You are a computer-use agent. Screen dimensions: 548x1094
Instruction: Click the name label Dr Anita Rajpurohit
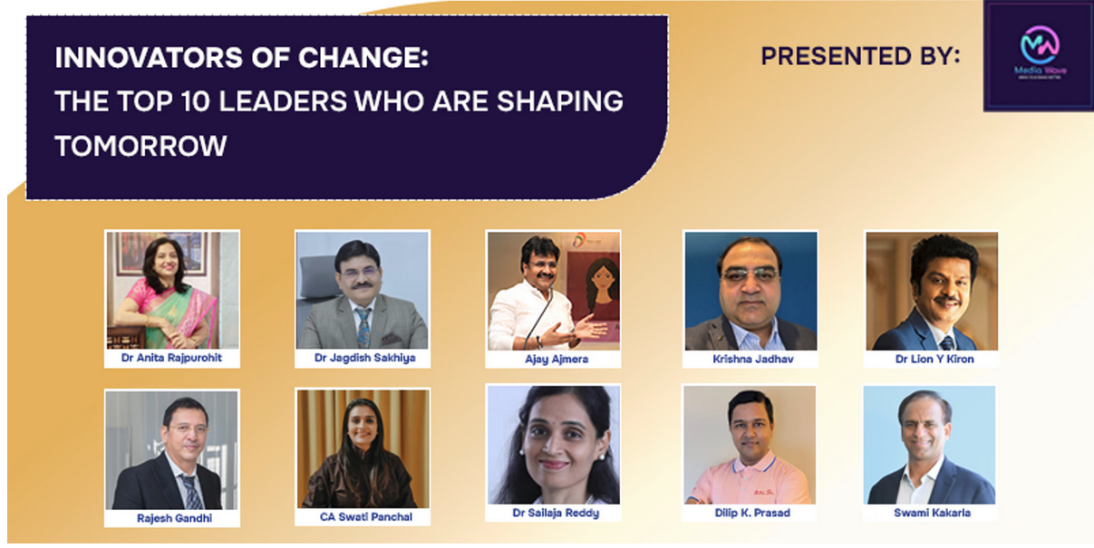(172, 358)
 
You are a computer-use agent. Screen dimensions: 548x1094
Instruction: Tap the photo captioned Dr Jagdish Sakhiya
(363, 290)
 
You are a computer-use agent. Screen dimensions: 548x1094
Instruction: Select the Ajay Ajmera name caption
(553, 359)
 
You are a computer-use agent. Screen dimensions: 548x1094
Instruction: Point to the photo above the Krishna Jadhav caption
(750, 291)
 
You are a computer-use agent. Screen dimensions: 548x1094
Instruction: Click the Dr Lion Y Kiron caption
(932, 359)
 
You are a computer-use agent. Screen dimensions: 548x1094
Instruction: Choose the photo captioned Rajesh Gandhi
(172, 450)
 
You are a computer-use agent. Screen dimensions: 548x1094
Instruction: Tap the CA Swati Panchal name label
(362, 517)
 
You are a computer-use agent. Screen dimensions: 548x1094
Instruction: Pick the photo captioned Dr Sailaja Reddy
(553, 444)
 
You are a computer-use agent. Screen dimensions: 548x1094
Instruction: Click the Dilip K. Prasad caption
(750, 513)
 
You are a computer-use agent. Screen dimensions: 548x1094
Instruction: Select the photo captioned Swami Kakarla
(929, 445)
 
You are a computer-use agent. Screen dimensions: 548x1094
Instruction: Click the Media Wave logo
(1039, 54)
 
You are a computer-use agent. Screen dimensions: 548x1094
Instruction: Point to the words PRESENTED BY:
(860, 56)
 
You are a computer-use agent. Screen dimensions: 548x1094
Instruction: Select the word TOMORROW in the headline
(140, 145)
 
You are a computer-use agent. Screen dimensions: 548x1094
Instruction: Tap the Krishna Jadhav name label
(750, 360)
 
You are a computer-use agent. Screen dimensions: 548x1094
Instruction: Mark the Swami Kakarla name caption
(929, 513)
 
